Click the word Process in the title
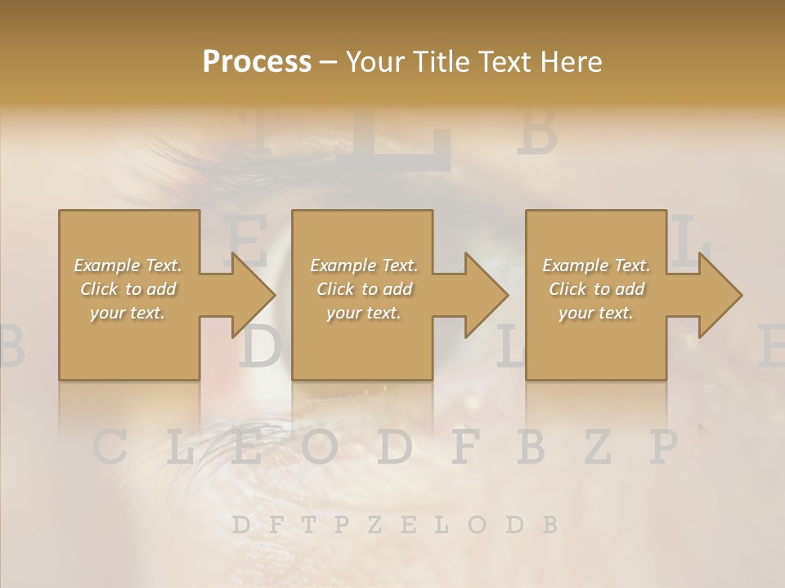[x=257, y=61]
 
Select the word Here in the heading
[x=569, y=61]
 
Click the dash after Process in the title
[x=327, y=63]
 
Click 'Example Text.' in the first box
[x=128, y=265]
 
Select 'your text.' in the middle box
[x=364, y=313]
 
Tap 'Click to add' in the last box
[x=597, y=289]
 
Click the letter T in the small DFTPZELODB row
[x=308, y=524]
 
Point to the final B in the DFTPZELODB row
[x=549, y=524]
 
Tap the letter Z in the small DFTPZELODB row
[x=375, y=524]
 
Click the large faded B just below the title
[x=537, y=132]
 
